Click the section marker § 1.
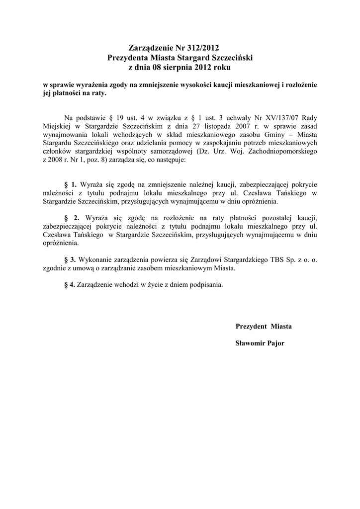coord(71,184)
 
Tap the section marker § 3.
coord(70,259)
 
